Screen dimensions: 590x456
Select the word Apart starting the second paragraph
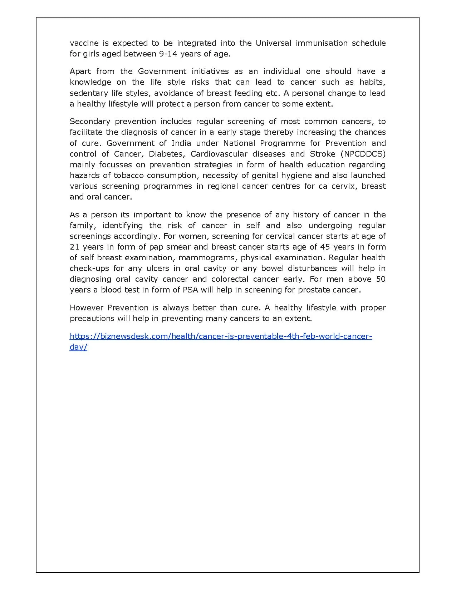tap(80, 72)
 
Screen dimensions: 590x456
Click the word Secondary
tap(89, 122)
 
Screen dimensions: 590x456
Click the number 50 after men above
tap(381, 279)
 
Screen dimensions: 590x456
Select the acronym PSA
tap(190, 290)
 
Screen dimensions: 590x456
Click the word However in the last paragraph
tap(86, 308)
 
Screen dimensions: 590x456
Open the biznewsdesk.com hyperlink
tap(221, 336)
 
